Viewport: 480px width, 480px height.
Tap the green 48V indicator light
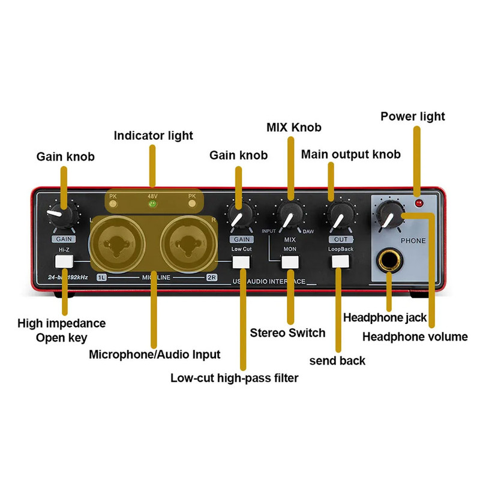click(152, 204)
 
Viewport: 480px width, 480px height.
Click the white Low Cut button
click(241, 262)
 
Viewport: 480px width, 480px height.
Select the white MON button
click(290, 262)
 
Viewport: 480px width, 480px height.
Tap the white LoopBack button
click(340, 261)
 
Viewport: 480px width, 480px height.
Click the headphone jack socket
click(389, 262)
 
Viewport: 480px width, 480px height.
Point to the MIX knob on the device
click(290, 214)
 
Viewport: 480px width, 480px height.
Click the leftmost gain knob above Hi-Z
click(64, 213)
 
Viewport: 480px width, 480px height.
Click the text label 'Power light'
click(413, 116)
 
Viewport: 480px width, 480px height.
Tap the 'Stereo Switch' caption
click(287, 332)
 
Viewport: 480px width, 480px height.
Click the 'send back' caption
click(337, 360)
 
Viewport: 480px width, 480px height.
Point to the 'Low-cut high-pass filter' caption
click(234, 378)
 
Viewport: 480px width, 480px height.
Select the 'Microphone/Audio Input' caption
click(154, 354)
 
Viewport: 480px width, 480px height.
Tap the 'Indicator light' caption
click(154, 136)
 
